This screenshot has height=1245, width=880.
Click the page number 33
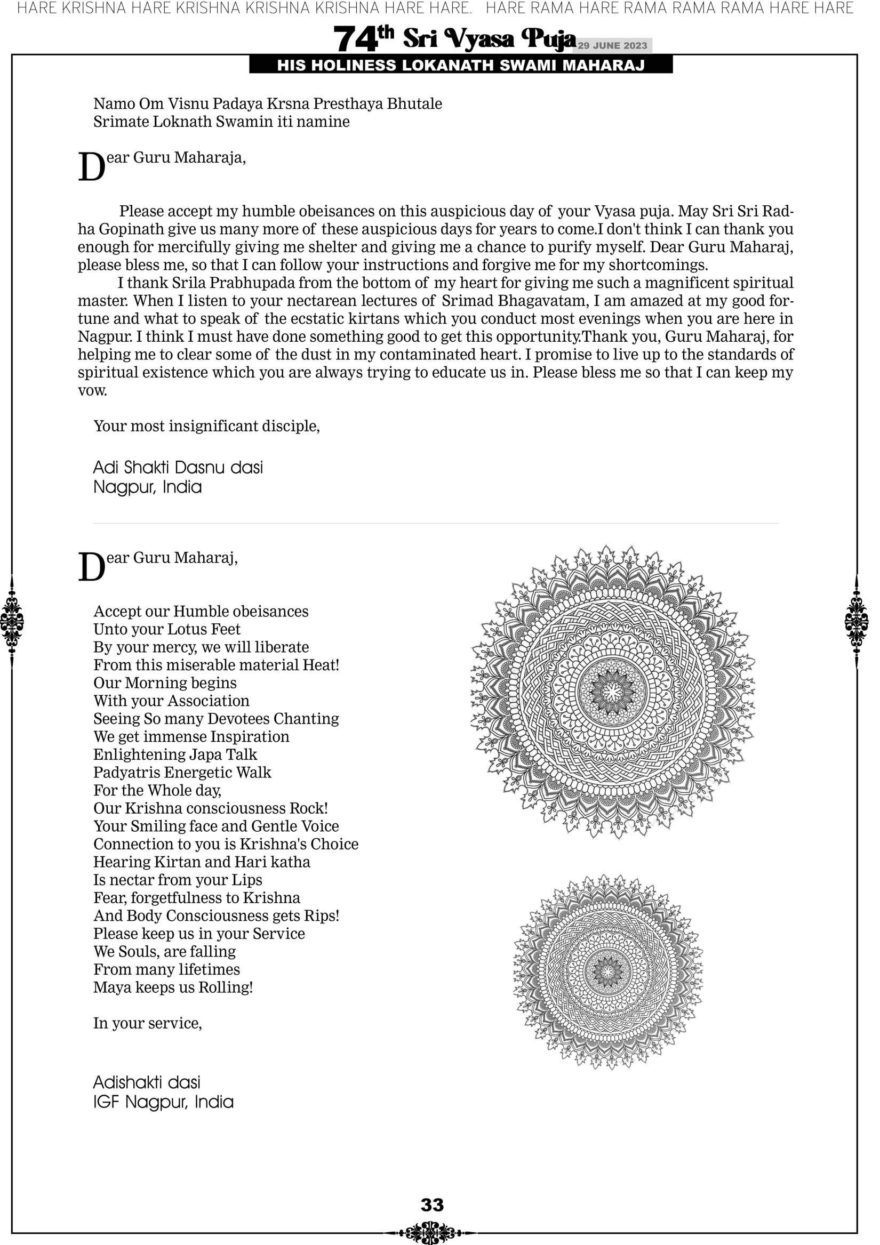(x=432, y=1205)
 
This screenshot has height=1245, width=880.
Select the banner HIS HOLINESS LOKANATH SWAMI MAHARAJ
(x=461, y=66)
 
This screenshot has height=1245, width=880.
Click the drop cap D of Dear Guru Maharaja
(x=91, y=167)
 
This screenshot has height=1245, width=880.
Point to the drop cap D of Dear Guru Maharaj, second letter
(x=91, y=568)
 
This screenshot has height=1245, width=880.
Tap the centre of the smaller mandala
(x=608, y=971)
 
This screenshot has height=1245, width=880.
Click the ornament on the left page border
(x=12, y=621)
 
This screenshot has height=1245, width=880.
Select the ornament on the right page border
(x=857, y=621)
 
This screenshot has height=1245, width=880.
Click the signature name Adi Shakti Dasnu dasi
(x=178, y=468)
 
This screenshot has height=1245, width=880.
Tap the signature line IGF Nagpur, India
(x=163, y=1103)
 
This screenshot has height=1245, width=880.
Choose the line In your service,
(x=148, y=1023)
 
